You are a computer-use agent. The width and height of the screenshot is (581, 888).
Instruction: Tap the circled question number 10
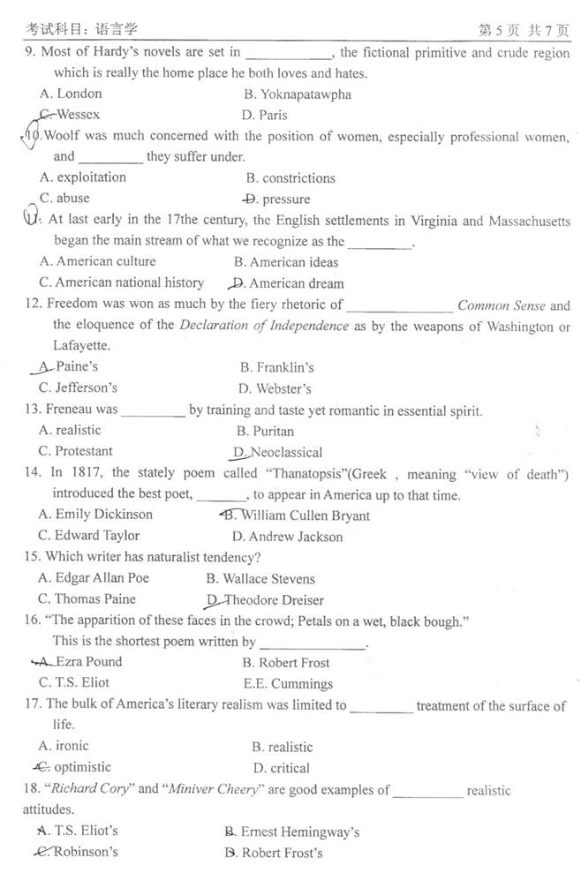pos(30,137)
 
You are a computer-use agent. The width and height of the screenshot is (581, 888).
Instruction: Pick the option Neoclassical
pos(278,453)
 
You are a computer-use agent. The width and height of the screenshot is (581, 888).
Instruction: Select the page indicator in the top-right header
pos(524,31)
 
